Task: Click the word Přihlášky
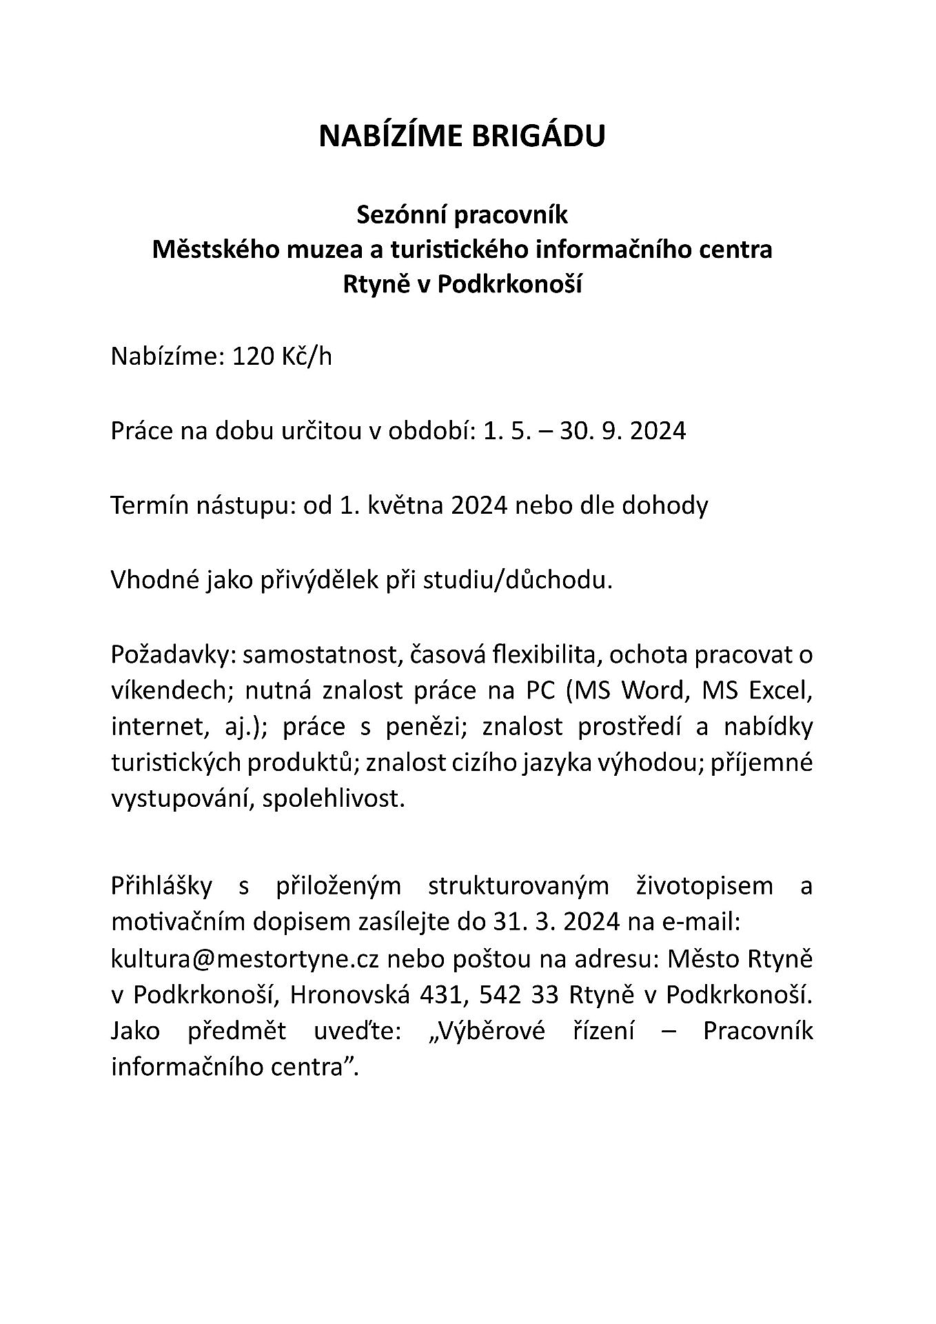click(x=161, y=885)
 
